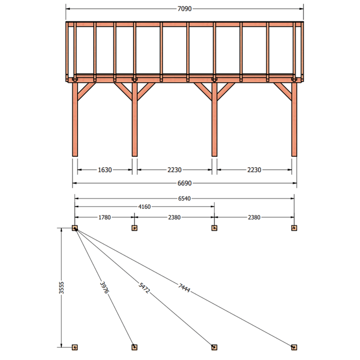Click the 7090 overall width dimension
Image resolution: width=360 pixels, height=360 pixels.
185,9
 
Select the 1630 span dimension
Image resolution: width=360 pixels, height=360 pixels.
105,170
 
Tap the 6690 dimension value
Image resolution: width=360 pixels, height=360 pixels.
185,183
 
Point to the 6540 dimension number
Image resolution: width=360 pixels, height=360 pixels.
185,199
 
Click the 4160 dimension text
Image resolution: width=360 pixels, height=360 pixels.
145,207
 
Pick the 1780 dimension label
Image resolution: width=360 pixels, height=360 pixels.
105,217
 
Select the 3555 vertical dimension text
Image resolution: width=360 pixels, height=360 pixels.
61,287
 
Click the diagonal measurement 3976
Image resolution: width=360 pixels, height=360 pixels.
104,287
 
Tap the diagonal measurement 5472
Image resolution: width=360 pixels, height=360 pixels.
144,288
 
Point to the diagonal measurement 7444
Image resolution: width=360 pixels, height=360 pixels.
184,288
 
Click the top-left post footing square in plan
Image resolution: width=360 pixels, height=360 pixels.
75,228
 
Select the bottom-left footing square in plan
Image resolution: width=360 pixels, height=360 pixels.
75,347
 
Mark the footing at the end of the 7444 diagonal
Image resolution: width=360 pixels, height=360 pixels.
294,347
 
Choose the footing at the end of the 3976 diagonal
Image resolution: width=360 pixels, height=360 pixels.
135,347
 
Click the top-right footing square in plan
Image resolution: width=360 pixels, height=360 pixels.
294,228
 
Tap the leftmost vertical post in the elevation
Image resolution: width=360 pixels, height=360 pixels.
75,119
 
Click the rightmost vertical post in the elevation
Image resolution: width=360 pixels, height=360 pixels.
294,119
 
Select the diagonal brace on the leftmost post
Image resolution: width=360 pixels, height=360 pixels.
86,92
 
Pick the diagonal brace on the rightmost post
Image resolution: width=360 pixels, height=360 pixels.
283,92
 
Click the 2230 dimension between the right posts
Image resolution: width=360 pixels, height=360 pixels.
254,170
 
